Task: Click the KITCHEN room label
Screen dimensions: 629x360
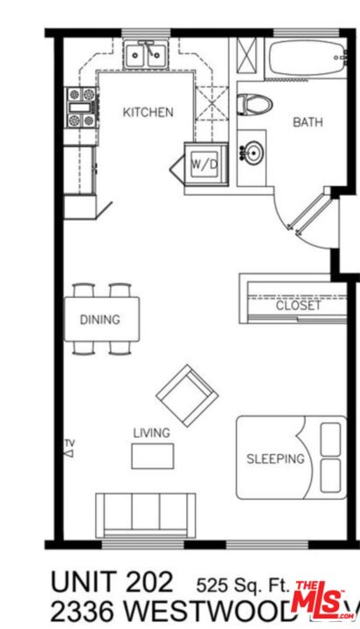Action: pos(147,112)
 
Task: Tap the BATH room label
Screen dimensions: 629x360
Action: pos(307,121)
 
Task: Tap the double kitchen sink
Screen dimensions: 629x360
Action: pos(145,57)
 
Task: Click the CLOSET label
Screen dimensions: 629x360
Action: pos(298,306)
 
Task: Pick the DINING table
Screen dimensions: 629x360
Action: pos(102,319)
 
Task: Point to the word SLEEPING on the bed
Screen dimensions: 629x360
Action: pos(274,459)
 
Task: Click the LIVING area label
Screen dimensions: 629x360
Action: pos(151,432)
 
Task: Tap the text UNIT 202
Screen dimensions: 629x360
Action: pos(113,581)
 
